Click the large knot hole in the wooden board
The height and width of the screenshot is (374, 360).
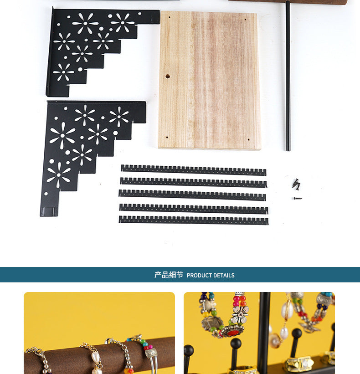point(168,77)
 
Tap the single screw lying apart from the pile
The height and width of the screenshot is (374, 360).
point(298,198)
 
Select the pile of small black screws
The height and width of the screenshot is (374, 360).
point(296,184)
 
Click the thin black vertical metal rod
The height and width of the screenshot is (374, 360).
point(288,76)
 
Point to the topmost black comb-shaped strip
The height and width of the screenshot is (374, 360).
point(194,170)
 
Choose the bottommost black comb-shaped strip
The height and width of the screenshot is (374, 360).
point(194,220)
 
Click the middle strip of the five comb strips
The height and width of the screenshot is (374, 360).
point(192,195)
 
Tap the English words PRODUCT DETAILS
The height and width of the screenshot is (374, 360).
point(211,276)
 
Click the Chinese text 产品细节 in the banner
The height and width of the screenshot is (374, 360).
point(169,275)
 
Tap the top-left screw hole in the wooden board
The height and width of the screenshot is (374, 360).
point(170,17)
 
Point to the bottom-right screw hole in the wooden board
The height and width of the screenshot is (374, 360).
point(249,140)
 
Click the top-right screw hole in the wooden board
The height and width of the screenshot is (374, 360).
point(245,20)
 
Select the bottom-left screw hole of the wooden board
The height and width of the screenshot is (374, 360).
point(167,138)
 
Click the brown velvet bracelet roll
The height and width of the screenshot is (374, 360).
point(100,355)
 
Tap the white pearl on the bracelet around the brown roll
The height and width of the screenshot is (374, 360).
point(95,357)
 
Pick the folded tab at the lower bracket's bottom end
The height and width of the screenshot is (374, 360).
point(49,212)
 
